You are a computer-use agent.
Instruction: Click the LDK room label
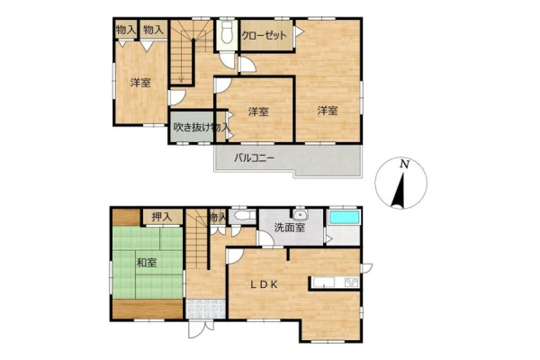point(264,284)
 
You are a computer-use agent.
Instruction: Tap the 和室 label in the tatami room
point(147,263)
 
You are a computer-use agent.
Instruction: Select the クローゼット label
point(264,35)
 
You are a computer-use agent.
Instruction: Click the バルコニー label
point(254,158)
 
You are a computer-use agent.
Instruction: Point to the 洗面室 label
point(289,228)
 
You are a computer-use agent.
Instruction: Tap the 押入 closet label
point(162,217)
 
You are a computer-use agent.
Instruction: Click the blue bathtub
point(345,218)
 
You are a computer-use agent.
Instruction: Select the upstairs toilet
point(227,32)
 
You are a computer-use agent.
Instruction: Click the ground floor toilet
point(242,216)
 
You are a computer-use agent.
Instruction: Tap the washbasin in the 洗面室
point(301,214)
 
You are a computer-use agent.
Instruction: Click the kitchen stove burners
point(352,283)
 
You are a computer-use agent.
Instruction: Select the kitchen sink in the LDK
point(323,283)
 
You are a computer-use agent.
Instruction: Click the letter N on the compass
point(404,164)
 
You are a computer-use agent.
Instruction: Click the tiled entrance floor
point(205,309)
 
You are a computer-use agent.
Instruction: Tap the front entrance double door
point(202,328)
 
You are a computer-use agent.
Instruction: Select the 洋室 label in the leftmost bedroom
point(140,83)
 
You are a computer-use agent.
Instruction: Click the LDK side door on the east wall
point(366,267)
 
